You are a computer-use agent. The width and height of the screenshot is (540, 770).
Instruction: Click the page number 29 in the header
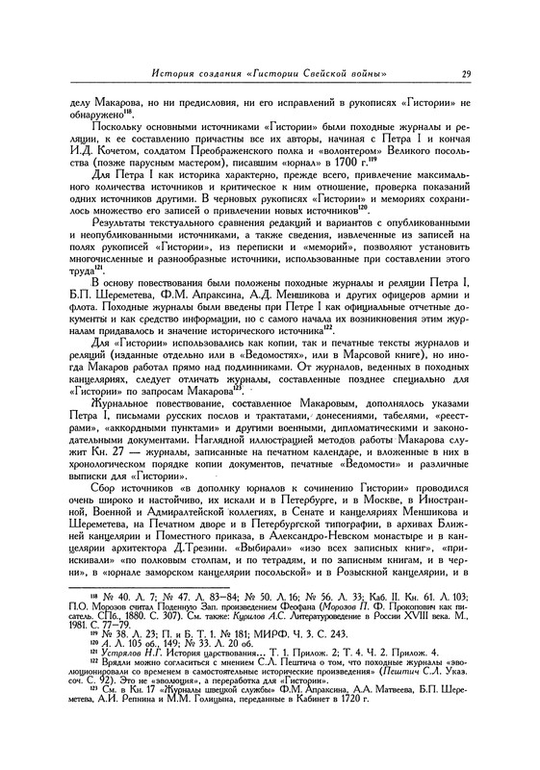465,75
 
